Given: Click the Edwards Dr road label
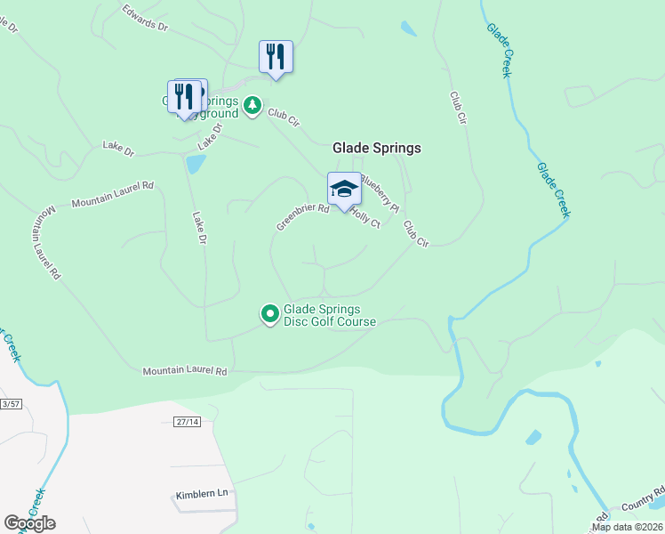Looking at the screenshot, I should pyautogui.click(x=144, y=19).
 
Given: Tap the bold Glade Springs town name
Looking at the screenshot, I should pyautogui.click(x=376, y=149).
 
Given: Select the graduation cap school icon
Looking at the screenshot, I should pyautogui.click(x=345, y=189).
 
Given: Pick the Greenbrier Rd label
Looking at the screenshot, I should pyautogui.click(x=302, y=216).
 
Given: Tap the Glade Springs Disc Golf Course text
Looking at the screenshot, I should pyautogui.click(x=329, y=315).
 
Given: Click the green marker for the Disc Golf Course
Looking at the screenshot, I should pyautogui.click(x=269, y=314).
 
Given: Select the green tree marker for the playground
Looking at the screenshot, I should pyautogui.click(x=253, y=106).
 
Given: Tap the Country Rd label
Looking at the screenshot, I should pyautogui.click(x=643, y=498).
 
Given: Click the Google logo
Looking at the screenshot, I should pyautogui.click(x=29, y=522).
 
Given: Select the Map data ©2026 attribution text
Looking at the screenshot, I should pyautogui.click(x=627, y=527).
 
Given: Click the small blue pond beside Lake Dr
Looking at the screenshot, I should pyautogui.click(x=195, y=164).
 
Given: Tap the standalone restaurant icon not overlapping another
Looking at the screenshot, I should pyautogui.click(x=276, y=56).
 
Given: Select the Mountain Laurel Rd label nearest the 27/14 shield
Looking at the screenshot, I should pyautogui.click(x=185, y=370).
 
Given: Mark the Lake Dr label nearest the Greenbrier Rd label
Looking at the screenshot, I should pyautogui.click(x=200, y=227).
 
